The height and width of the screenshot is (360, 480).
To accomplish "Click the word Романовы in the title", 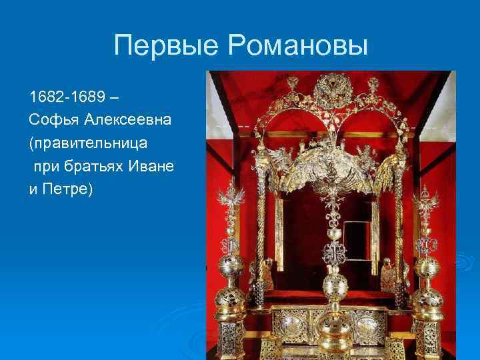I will (298, 46).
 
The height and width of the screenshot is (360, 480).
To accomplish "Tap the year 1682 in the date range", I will (44, 97).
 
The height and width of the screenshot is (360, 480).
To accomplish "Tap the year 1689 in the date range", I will (85, 97).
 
